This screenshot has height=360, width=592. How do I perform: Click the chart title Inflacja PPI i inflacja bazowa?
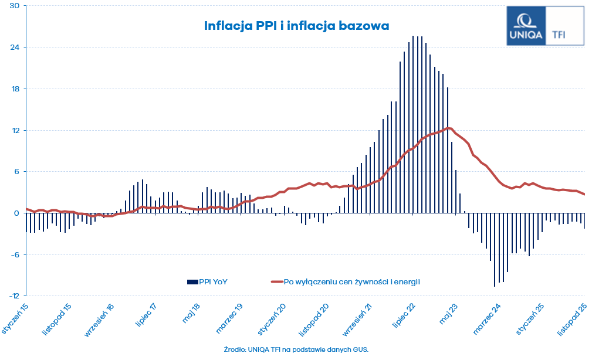(x=296, y=26)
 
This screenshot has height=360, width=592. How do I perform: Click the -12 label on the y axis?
(x=13, y=296)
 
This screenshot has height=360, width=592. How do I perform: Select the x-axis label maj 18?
(x=192, y=314)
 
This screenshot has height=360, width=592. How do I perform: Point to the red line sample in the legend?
(x=276, y=281)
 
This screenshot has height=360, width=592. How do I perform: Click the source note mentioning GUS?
(x=296, y=349)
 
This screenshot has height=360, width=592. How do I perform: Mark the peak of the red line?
(x=449, y=128)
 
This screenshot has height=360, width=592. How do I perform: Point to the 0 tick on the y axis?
(x=17, y=213)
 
